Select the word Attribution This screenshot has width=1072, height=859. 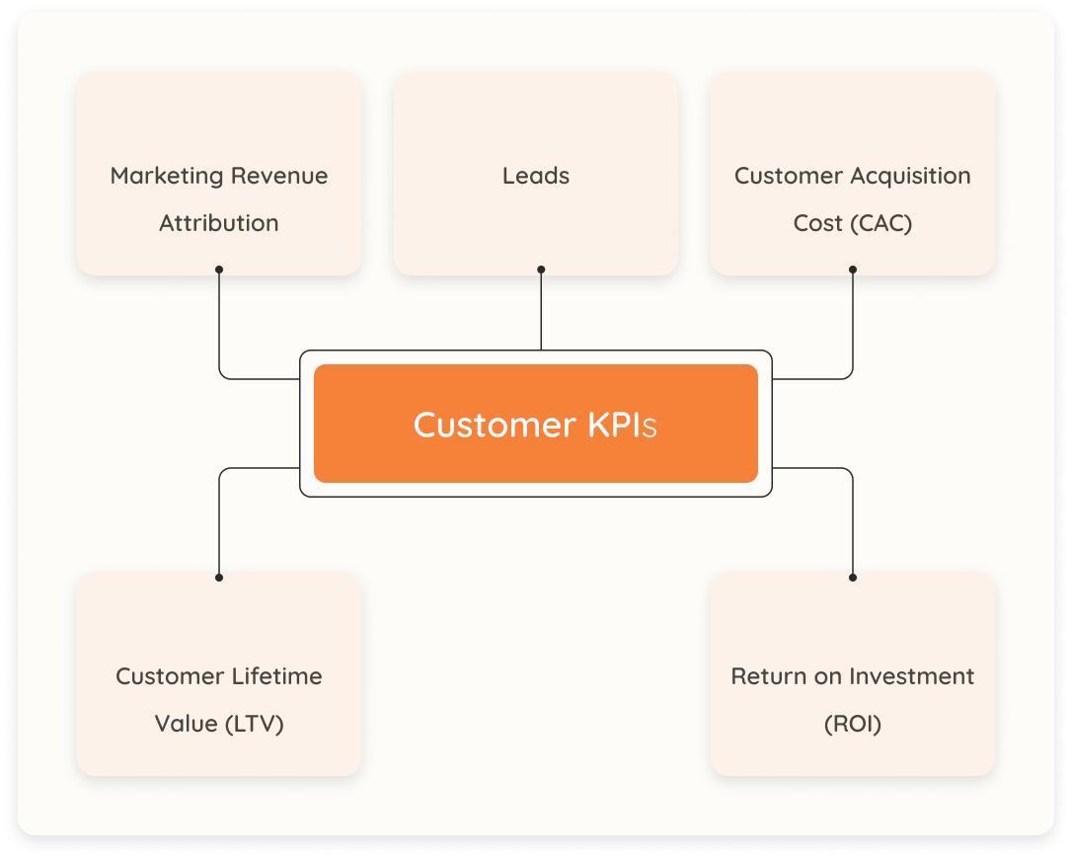[219, 223]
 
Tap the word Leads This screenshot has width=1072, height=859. [536, 177]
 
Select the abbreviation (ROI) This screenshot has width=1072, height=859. [853, 724]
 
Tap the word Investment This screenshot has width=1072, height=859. [914, 676]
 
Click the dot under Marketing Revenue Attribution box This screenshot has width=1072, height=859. [219, 269]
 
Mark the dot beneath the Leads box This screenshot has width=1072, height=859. [541, 269]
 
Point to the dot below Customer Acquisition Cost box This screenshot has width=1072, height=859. [853, 269]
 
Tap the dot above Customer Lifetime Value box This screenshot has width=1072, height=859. [219, 578]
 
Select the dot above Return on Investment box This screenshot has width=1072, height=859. [853, 578]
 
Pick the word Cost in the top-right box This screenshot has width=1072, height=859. [818, 223]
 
